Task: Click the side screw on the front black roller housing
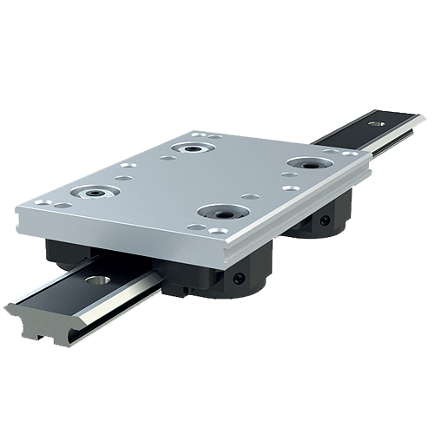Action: (238, 279)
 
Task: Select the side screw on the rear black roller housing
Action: (325, 221)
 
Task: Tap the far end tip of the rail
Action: (420, 116)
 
